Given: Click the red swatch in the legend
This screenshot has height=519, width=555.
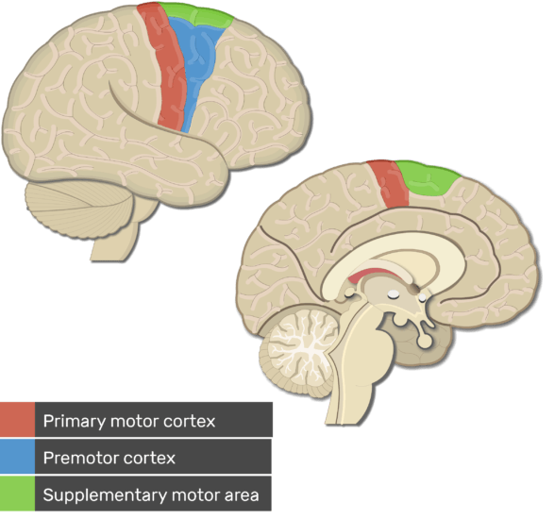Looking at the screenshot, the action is (x=17, y=419).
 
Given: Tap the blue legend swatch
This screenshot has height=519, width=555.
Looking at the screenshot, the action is (x=17, y=457).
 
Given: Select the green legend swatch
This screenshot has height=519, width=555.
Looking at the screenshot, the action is (x=17, y=494).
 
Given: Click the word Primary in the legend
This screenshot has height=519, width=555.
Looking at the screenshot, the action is (x=74, y=422).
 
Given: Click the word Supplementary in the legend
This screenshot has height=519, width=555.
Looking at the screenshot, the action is (x=105, y=495).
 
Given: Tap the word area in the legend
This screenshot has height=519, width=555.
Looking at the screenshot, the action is (x=242, y=495).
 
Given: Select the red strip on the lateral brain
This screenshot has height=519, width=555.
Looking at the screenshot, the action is (x=166, y=67).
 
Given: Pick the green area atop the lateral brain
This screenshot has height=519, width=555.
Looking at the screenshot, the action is (x=196, y=15).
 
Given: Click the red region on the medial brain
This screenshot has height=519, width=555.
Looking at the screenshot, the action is (x=389, y=184).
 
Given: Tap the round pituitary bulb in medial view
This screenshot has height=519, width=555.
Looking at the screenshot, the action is (x=425, y=341).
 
